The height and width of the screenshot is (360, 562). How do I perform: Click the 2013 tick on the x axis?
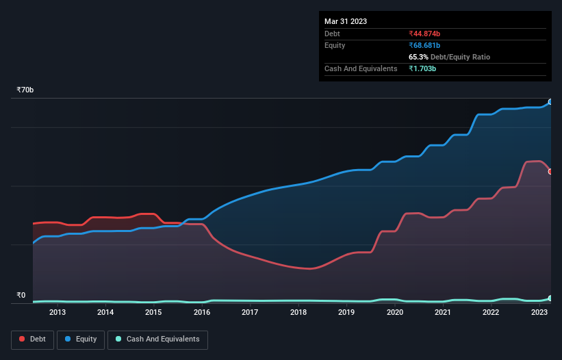[57, 312]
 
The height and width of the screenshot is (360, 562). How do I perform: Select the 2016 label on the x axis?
[202, 312]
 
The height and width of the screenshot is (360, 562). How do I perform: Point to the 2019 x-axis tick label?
[346, 312]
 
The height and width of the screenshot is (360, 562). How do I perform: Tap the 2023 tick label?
[539, 312]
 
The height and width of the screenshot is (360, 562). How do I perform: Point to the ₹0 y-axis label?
[21, 296]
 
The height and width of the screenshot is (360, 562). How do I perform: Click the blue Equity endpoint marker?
[550, 102]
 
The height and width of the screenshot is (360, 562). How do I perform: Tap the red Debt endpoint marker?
[550, 172]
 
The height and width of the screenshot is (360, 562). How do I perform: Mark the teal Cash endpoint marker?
[550, 298]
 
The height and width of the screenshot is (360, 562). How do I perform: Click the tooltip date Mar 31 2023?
[346, 21]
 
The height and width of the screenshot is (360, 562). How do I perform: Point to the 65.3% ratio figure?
[419, 57]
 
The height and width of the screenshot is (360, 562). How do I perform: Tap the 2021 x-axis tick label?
[443, 312]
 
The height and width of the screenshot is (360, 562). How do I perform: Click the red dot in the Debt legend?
[23, 339]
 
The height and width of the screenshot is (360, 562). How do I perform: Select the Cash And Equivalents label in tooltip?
[361, 68]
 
